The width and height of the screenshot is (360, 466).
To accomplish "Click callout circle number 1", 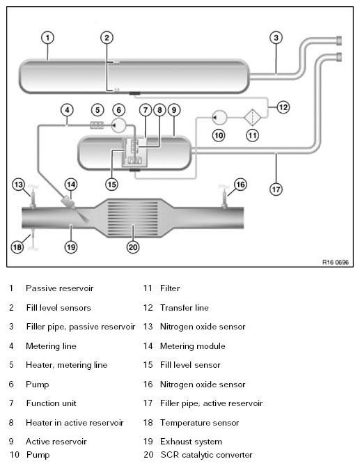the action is [x=47, y=38].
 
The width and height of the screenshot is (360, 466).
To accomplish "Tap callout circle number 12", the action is [x=283, y=107].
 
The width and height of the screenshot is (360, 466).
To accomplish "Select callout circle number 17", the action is [x=276, y=189].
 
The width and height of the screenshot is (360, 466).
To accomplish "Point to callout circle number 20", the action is [x=133, y=247].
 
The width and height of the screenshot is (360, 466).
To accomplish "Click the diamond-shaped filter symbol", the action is [x=253, y=118].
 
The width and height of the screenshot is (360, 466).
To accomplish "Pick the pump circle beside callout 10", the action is [x=219, y=118].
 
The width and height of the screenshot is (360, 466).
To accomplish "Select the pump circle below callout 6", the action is [x=119, y=125].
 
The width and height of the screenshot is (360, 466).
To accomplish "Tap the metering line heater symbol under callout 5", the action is [x=97, y=125].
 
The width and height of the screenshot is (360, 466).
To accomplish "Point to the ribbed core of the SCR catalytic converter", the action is [x=132, y=218].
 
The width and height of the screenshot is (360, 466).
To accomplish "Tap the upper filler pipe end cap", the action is [x=339, y=40].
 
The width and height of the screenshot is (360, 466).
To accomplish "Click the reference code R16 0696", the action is [x=336, y=262].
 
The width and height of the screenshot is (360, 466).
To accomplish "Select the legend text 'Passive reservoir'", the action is [x=60, y=288].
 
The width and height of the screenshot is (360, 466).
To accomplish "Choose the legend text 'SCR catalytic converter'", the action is [x=206, y=455].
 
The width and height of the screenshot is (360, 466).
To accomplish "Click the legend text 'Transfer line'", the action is [x=184, y=308].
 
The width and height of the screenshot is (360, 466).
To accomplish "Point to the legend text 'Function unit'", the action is [x=51, y=403].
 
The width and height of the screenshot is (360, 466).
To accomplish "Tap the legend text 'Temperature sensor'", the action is [x=199, y=423].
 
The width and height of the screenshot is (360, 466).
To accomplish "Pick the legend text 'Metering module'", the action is [x=192, y=346].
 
